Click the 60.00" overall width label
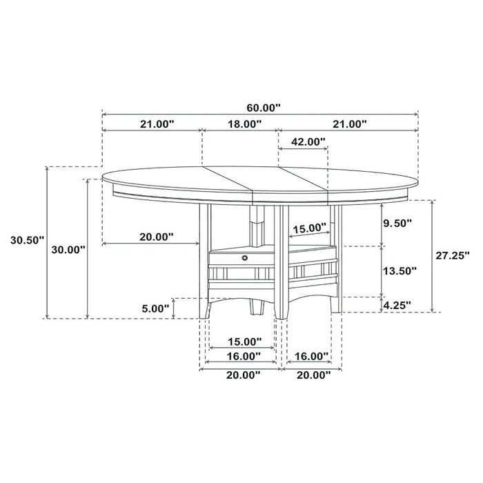point(264,107)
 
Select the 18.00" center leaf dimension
point(243,124)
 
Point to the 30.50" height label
point(27,240)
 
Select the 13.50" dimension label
point(400,271)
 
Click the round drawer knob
point(244,257)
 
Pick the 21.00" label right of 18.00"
point(348,124)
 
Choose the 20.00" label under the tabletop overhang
point(156,236)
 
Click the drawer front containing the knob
point(235,258)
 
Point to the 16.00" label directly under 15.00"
point(242,356)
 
